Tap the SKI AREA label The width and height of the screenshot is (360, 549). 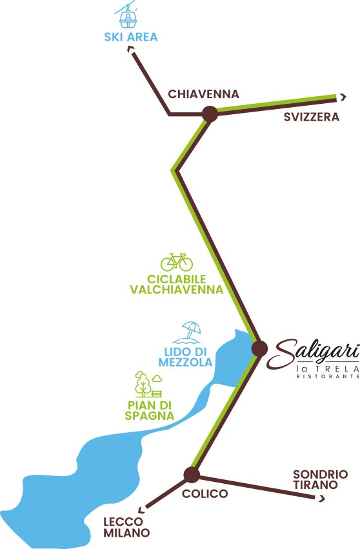pos(131,36)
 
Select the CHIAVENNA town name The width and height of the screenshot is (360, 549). pos(203,94)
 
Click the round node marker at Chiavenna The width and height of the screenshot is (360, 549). pos(209,114)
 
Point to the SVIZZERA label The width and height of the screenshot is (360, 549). pos(312,117)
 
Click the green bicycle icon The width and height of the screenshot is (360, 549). pos(177,261)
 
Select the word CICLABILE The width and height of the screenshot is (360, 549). pos(176,279)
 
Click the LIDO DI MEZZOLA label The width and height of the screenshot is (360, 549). pos(185,357)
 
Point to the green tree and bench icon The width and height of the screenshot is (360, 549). pos(148,384)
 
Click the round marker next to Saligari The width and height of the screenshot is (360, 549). pos(259,349)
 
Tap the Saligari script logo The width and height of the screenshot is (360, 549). pos(316,353)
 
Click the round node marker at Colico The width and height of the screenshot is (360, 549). pos(191,475)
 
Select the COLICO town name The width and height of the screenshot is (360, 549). pos(205,494)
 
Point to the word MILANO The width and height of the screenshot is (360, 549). pos(126,534)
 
